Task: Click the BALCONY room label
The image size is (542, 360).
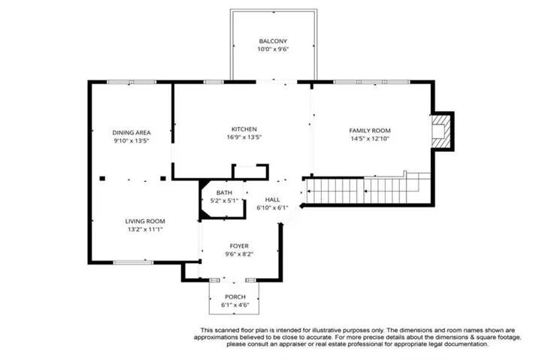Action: click(x=273, y=41)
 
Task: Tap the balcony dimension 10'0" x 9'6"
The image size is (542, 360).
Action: click(x=273, y=49)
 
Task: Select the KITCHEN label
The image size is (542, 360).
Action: click(x=244, y=129)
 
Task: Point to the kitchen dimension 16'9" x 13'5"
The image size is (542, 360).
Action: click(x=244, y=137)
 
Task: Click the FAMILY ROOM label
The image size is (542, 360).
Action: click(x=370, y=131)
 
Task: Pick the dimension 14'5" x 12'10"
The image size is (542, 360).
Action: click(x=370, y=138)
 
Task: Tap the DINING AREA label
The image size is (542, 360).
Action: click(x=132, y=133)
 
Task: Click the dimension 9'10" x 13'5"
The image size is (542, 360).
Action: click(x=132, y=141)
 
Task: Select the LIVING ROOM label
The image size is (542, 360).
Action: click(x=145, y=221)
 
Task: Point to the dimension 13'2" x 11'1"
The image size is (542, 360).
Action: click(x=145, y=229)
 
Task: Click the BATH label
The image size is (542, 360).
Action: click(x=224, y=193)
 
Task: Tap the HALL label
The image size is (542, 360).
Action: click(x=272, y=200)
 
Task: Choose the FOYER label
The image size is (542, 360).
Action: click(x=239, y=246)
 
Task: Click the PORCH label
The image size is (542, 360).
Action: click(x=235, y=297)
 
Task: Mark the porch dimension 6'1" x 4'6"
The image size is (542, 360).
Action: click(x=235, y=305)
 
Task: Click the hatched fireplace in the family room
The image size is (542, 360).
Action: click(x=441, y=132)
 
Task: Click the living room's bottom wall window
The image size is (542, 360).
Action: click(x=133, y=262)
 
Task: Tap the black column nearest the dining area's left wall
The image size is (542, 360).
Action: click(x=102, y=179)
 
